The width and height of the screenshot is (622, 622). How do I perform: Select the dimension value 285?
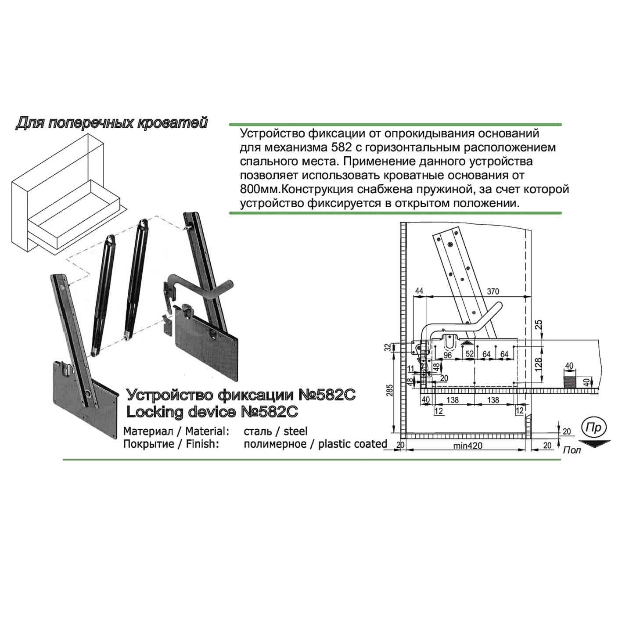tap(390, 390)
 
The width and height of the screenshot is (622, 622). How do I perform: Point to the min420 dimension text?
tap(468, 446)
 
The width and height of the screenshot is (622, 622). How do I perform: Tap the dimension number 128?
tap(538, 364)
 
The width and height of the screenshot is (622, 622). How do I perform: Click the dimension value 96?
tap(448, 355)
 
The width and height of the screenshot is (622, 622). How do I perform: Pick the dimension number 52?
tap(470, 353)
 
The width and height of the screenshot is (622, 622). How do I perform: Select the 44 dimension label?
tap(419, 291)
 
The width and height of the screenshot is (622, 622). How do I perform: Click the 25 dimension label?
tap(539, 324)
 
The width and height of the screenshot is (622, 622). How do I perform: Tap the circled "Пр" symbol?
tap(594, 428)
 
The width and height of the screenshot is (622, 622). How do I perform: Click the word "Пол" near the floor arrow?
tap(572, 450)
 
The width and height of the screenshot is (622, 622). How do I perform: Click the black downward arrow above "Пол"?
tap(594, 443)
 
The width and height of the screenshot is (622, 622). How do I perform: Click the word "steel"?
tap(295, 431)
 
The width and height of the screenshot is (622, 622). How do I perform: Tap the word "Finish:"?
tap(202, 444)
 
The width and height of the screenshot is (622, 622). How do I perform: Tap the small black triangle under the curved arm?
tap(467, 343)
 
